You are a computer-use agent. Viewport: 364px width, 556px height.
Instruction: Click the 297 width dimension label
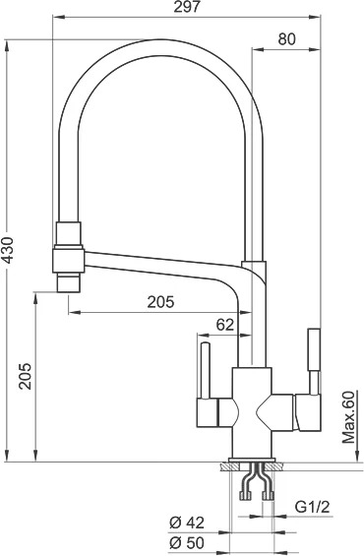(x=187, y=7)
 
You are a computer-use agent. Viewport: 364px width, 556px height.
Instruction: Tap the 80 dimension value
(x=286, y=39)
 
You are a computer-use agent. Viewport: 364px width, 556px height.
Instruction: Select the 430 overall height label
(x=7, y=250)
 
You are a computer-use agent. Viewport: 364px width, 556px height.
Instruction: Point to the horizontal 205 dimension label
(x=161, y=302)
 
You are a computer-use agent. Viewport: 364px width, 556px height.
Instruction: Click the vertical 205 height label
(x=26, y=376)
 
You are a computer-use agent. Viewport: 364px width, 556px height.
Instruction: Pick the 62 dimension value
(x=225, y=325)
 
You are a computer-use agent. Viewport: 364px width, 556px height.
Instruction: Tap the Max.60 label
(x=349, y=417)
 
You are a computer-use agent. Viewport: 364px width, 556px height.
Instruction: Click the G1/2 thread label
(x=313, y=507)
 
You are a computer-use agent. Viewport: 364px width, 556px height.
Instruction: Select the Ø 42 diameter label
(x=187, y=523)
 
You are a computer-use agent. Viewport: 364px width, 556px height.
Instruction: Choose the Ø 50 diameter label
(x=187, y=542)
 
